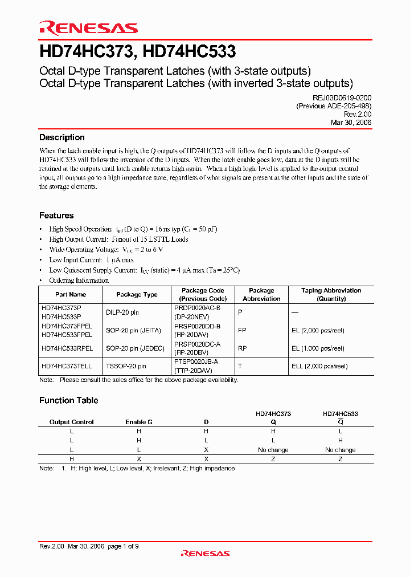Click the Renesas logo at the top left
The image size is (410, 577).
pos(88,28)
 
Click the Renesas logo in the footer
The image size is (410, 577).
pos(205,553)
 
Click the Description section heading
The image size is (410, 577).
pos(61,137)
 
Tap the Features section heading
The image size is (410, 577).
pos(56,216)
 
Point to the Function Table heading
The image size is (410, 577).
pos(68,400)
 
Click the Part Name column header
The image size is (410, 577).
pos(71,295)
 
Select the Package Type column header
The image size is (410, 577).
pos(137,295)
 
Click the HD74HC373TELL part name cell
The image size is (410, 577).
pos(67,366)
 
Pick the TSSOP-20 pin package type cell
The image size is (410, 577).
pos(126,366)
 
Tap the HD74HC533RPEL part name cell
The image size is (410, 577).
pos(67,348)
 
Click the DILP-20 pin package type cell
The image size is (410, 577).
pos(122,312)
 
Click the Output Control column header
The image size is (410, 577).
pos(72,422)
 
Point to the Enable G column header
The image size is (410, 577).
pos(139,422)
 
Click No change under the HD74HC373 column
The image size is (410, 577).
pos(273,450)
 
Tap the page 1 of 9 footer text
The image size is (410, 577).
pos(123,546)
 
